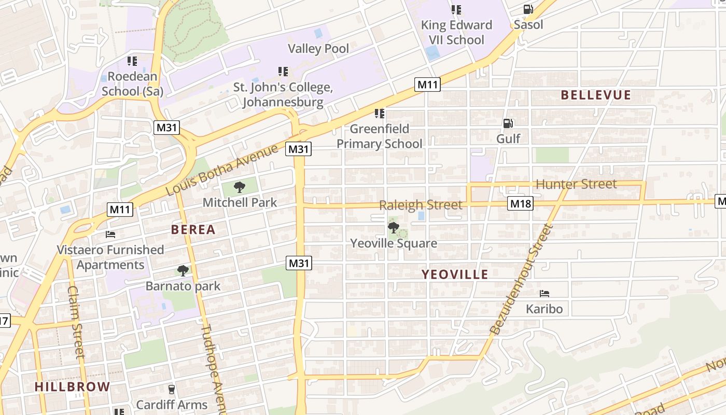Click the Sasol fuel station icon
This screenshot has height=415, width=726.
pyautogui.click(x=528, y=9)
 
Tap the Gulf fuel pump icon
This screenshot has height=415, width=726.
pyautogui.click(x=508, y=123)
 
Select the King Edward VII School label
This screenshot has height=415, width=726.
pyautogui.click(x=456, y=32)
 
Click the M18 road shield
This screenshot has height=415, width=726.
pyautogui.click(x=520, y=203)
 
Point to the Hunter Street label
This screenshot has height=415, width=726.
pyautogui.click(x=576, y=184)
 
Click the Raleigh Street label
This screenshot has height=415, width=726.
pyautogui.click(x=421, y=205)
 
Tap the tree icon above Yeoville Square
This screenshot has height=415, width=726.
pyautogui.click(x=393, y=227)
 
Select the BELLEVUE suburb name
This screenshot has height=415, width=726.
pyautogui.click(x=596, y=95)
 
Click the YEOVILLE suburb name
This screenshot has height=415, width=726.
pyautogui.click(x=455, y=274)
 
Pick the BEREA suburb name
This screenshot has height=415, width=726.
pyautogui.click(x=193, y=229)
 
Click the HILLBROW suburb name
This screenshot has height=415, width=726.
pyautogui.click(x=73, y=386)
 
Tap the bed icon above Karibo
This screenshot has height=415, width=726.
pyautogui.click(x=544, y=294)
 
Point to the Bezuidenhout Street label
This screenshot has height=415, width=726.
pyautogui.click(x=521, y=279)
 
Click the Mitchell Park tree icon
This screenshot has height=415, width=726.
pyautogui.click(x=239, y=187)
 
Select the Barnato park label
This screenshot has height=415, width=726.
pyautogui.click(x=183, y=286)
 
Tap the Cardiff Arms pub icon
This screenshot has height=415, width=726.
pyautogui.click(x=172, y=389)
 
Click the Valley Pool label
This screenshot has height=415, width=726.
pyautogui.click(x=318, y=49)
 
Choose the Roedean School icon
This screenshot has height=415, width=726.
pyautogui.click(x=132, y=61)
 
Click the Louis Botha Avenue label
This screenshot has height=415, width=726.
pyautogui.click(x=221, y=170)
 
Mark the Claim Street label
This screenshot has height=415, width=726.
pyautogui.click(x=76, y=322)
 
